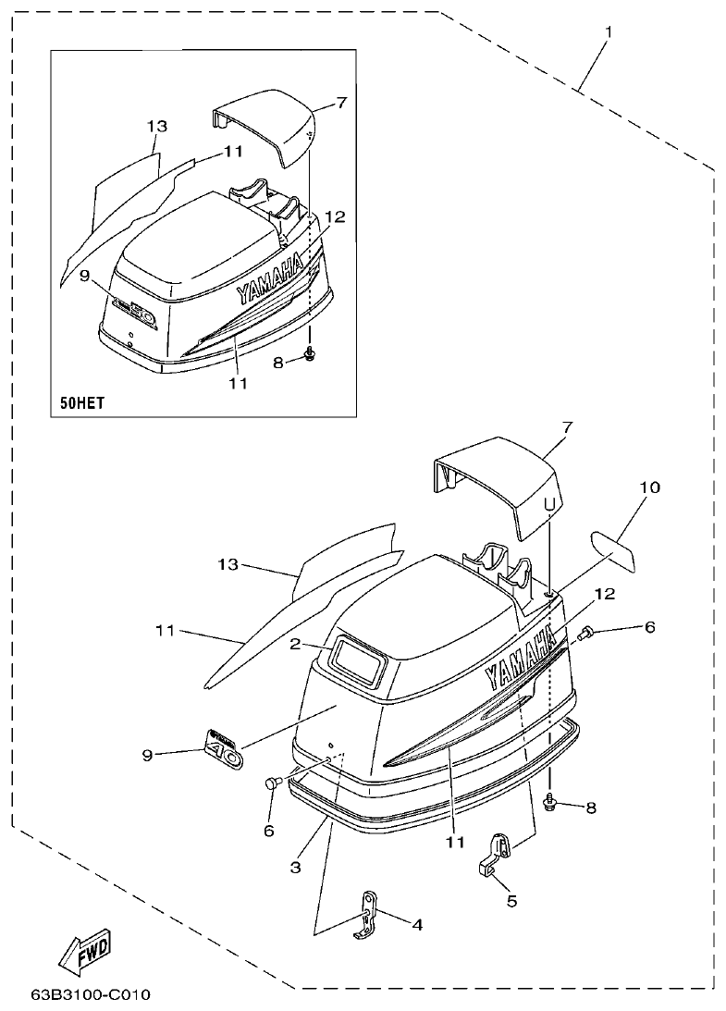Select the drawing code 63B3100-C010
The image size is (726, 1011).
click(x=90, y=996)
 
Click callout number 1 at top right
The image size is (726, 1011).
click(x=608, y=32)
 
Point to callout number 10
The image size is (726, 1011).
click(x=650, y=487)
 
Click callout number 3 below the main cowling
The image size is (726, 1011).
click(x=295, y=868)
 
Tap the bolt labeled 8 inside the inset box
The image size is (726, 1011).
click(x=310, y=355)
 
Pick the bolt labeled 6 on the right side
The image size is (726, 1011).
click(x=584, y=635)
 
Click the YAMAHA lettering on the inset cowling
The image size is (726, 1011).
click(x=270, y=280)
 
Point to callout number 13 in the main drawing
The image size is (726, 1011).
click(x=228, y=564)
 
